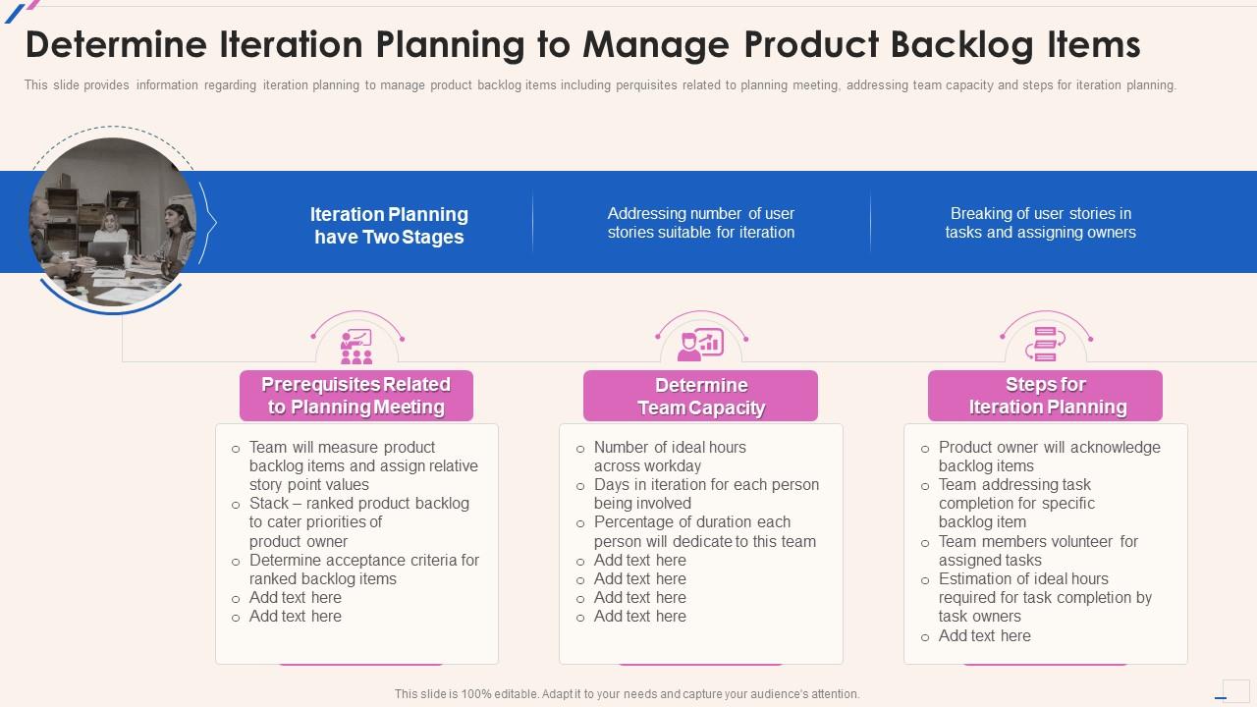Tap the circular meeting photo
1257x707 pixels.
coord(112,221)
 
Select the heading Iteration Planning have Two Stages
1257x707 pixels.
coord(389,225)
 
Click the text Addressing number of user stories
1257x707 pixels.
coord(700,223)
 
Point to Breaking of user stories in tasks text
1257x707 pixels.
coord(1040,223)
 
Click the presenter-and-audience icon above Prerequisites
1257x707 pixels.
coord(356,346)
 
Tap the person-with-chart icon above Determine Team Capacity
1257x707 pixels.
coord(701,345)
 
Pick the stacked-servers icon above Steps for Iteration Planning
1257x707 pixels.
coord(1045,345)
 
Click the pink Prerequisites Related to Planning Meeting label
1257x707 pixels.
coord(356,396)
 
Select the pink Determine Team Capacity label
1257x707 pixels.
coord(700,397)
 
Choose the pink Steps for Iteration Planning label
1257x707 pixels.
coord(1045,396)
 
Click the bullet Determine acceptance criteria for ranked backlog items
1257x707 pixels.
coord(363,570)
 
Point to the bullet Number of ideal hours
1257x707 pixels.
coord(670,457)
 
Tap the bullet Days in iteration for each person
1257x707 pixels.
coord(706,494)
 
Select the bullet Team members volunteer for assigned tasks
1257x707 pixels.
coord(1038,551)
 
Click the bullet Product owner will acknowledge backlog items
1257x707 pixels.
coord(1049,457)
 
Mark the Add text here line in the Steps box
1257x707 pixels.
coord(984,636)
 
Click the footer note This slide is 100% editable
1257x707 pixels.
coord(627,694)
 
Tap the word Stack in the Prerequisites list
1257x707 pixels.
coord(269,504)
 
